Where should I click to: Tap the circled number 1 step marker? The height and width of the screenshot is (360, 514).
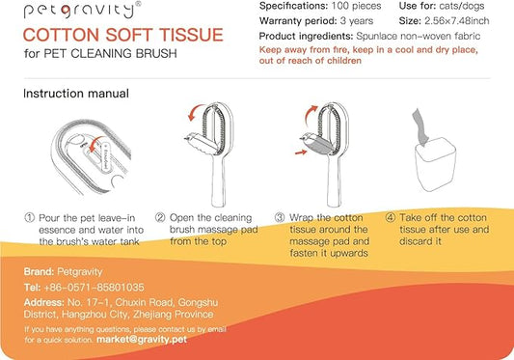coord(30,218)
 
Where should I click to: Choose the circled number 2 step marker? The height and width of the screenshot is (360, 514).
coord(161,218)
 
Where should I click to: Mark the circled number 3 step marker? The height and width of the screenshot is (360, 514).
coord(280,218)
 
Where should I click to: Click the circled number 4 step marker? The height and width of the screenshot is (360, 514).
coord(390,218)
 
